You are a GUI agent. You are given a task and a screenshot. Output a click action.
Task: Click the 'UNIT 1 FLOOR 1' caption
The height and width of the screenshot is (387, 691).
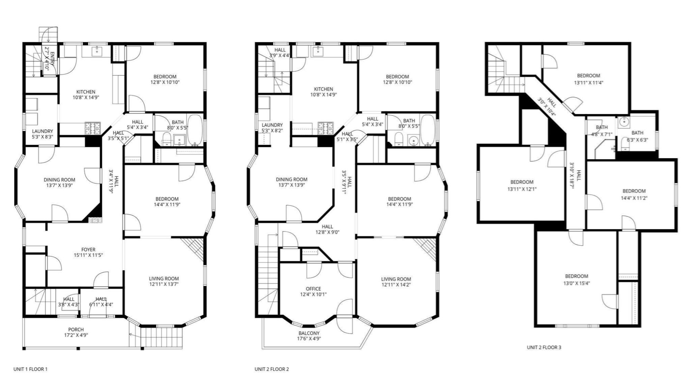click(30, 369)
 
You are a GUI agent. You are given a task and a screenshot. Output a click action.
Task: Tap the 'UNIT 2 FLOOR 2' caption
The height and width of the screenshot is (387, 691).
click(272, 369)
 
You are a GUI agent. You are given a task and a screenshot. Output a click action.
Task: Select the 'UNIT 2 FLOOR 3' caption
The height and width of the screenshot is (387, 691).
click(544, 347)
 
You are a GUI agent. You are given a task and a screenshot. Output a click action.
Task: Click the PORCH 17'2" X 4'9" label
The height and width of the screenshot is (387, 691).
click(76, 332)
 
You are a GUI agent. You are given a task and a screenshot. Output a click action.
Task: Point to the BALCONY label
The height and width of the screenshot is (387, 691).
click(309, 333)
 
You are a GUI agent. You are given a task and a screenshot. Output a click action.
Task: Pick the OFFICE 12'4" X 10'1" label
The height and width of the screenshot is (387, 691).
click(313, 291)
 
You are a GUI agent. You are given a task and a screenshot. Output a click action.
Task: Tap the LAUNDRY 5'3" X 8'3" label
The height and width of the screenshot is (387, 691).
click(43, 134)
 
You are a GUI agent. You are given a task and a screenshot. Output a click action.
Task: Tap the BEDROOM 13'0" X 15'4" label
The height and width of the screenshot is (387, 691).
click(577, 279)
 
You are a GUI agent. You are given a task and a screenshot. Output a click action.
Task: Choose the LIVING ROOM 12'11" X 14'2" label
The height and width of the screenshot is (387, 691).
click(396, 282)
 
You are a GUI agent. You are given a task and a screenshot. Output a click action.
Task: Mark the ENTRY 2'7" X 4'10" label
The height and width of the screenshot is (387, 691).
click(50, 62)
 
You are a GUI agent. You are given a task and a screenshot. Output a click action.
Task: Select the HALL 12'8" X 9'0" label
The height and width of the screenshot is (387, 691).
click(327, 229)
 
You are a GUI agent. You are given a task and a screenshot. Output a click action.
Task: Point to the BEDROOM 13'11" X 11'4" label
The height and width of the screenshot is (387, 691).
click(588, 78)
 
